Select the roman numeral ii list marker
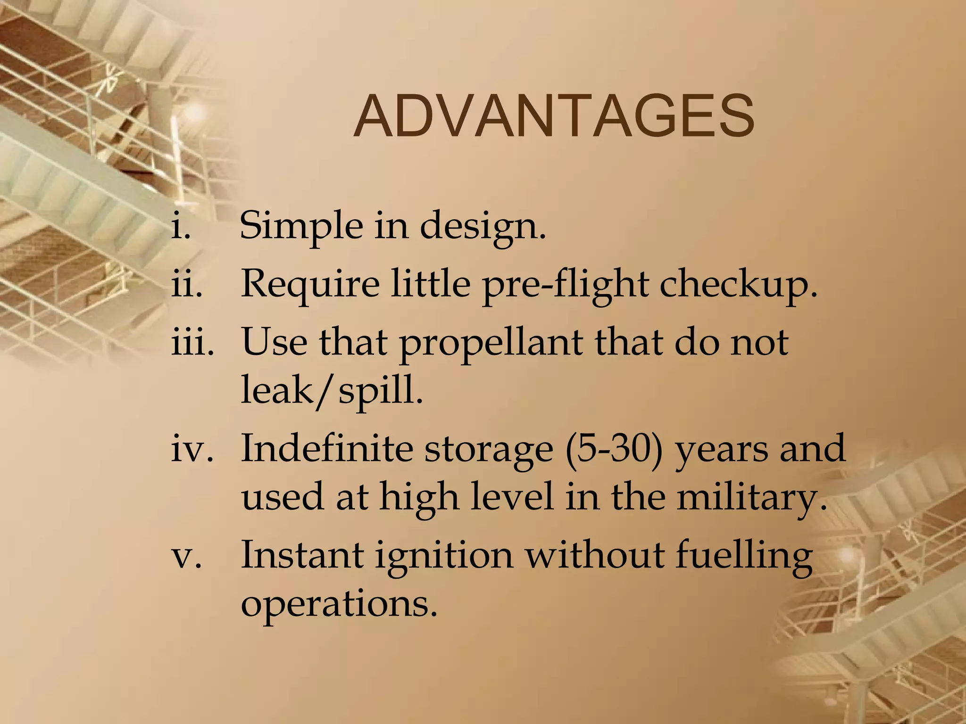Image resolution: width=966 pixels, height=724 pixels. [x=187, y=284]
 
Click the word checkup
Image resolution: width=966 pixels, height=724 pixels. [x=738, y=286]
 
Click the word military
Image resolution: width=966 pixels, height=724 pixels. [x=752, y=498]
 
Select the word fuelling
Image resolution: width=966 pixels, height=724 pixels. [x=744, y=556]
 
